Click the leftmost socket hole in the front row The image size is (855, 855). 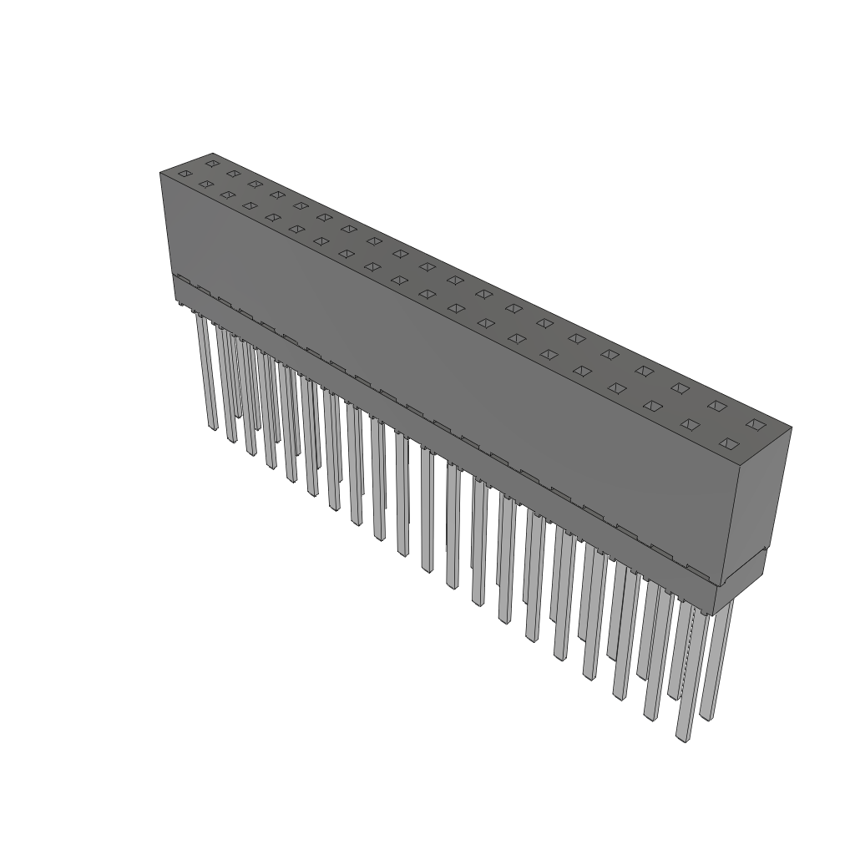click(185, 174)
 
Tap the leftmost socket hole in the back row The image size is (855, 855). click(212, 163)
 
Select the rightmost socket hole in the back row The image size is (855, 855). click(756, 425)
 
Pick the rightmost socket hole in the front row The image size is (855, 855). click(729, 443)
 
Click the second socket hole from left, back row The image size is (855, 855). click(233, 174)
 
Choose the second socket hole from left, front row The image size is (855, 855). click(205, 184)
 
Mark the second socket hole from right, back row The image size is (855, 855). click(716, 406)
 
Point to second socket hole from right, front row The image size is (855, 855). click(690, 424)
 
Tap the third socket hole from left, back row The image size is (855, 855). click(255, 184)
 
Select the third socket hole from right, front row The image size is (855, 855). click(652, 406)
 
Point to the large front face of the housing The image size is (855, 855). click(451, 376)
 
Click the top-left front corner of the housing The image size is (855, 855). click(160, 173)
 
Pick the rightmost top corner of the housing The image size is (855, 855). click(791, 428)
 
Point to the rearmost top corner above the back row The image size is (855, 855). click(213, 154)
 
